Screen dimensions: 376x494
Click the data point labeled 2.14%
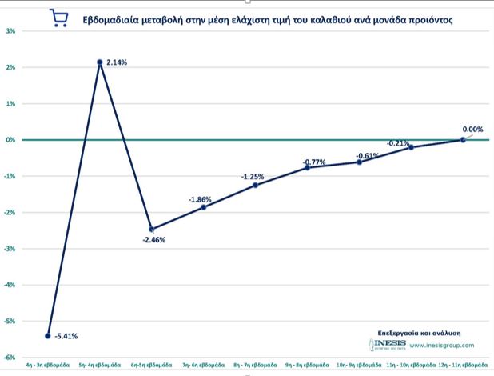pyautogui.click(x=100, y=62)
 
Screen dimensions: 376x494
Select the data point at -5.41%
pyautogui.click(x=48, y=335)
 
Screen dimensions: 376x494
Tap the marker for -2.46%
pyautogui.click(x=152, y=229)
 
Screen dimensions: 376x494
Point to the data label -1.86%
pyautogui.click(x=201, y=199)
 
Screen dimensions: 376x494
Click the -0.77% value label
pyautogui.click(x=314, y=162)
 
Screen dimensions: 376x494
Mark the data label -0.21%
pyautogui.click(x=398, y=143)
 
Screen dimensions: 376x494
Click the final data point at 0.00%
pyautogui.click(x=463, y=139)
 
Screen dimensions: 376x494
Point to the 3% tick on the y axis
pyautogui.click(x=10, y=31)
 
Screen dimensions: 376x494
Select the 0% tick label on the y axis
pyautogui.click(x=10, y=139)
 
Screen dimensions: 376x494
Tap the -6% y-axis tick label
pyautogui.click(x=10, y=357)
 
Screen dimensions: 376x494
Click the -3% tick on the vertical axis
pyautogui.click(x=10, y=248)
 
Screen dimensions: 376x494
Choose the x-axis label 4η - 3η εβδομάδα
pyautogui.click(x=48, y=366)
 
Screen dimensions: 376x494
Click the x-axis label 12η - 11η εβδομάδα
pyautogui.click(x=463, y=366)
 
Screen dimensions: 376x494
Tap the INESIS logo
pyautogui.click(x=388, y=345)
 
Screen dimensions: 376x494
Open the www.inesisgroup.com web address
pyautogui.click(x=442, y=346)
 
